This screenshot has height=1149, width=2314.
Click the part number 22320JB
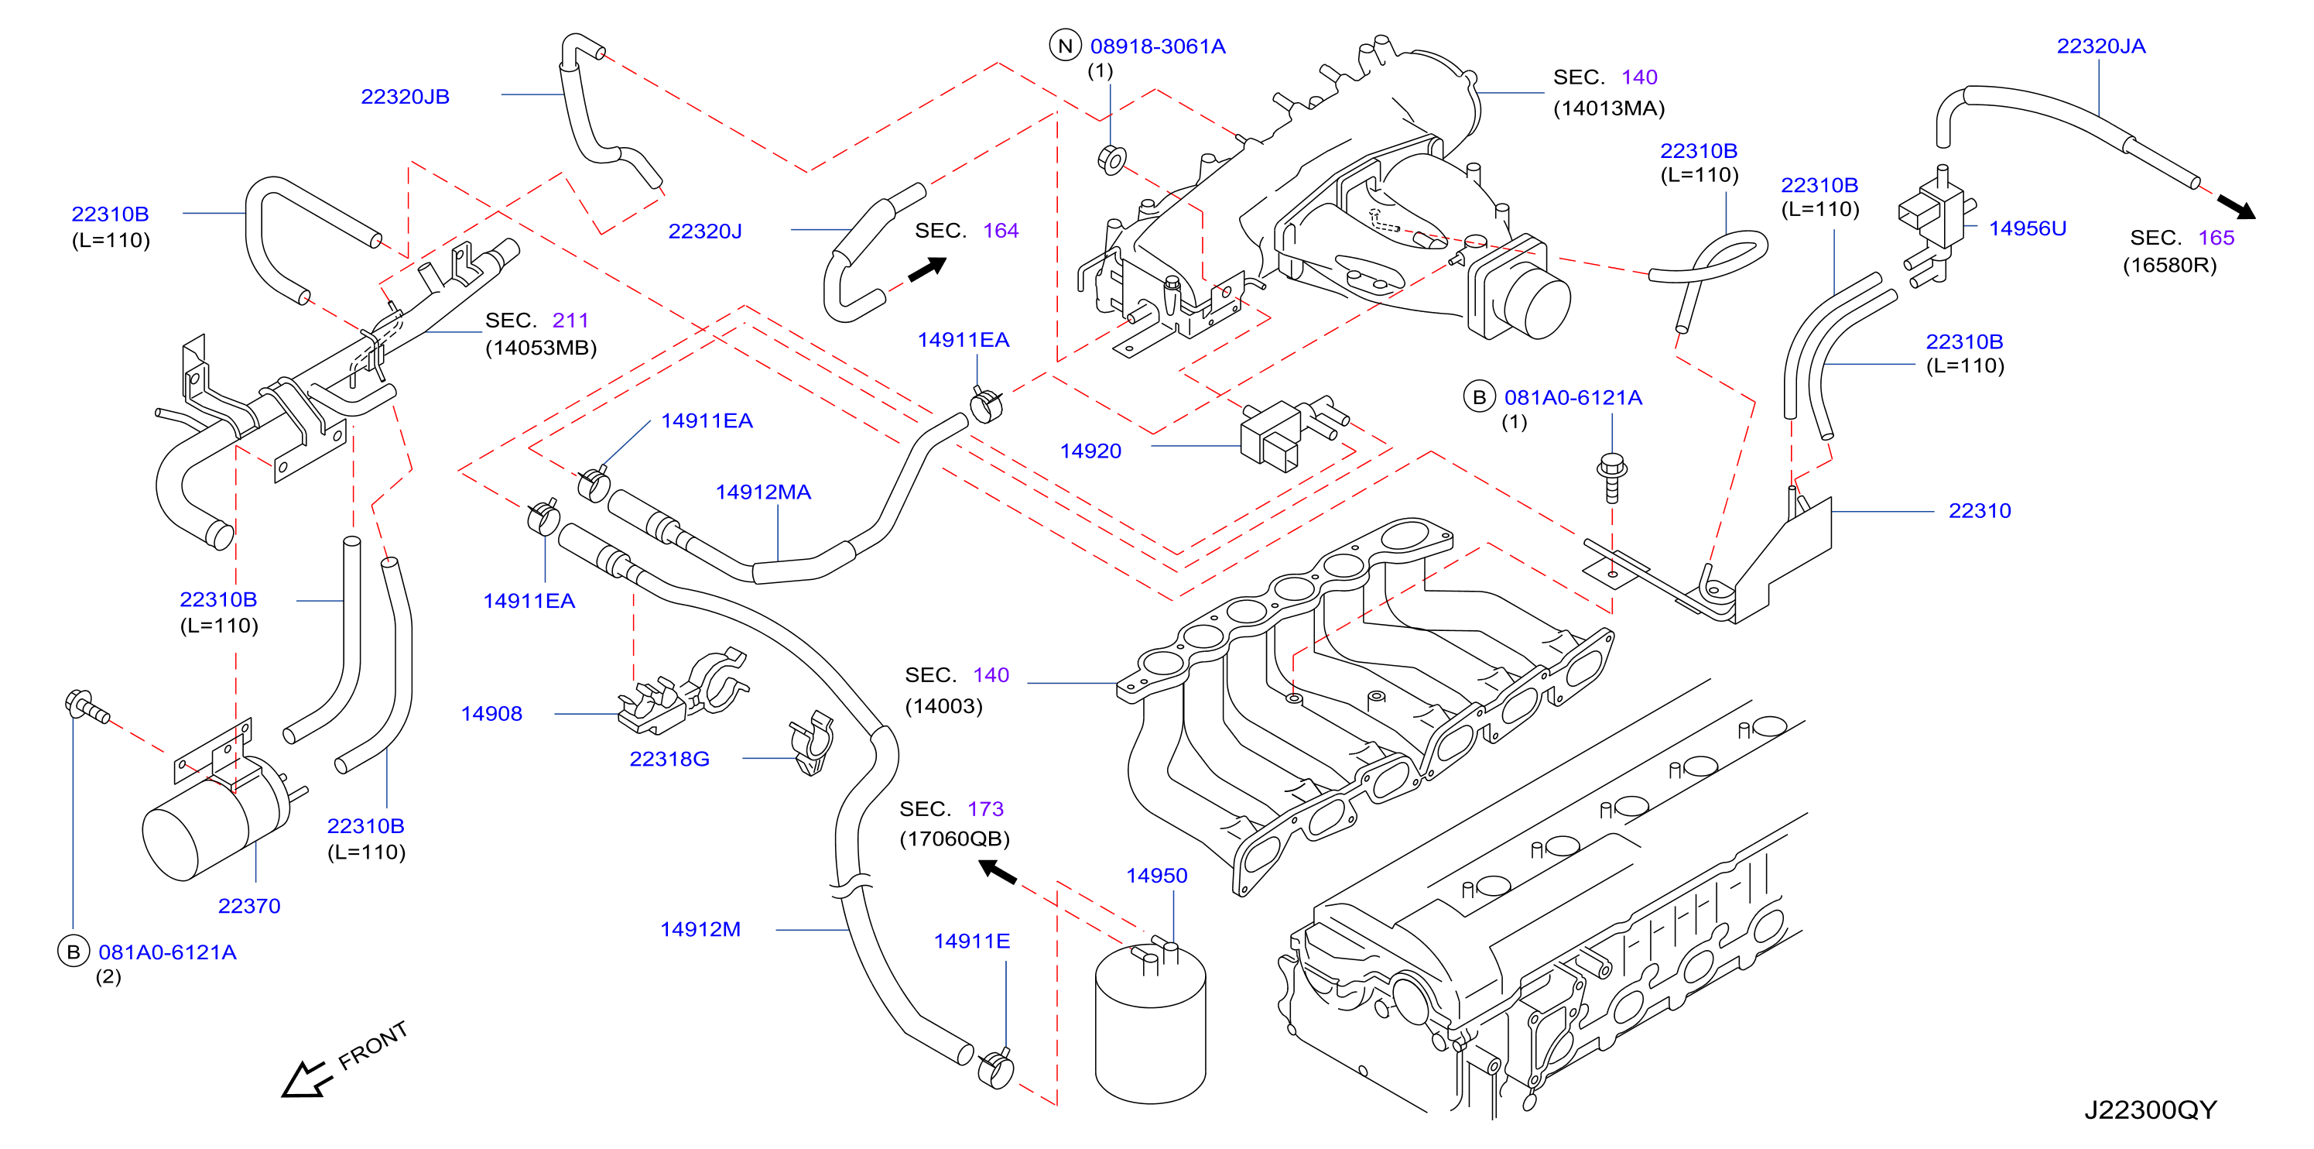[405, 97]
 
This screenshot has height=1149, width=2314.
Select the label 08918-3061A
[1157, 46]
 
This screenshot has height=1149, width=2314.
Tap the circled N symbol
[1066, 46]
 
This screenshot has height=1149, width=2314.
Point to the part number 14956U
[2028, 228]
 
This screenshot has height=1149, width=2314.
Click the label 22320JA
[2101, 46]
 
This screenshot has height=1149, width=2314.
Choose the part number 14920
[1090, 451]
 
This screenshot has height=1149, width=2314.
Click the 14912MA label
[762, 492]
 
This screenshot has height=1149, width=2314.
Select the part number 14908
[491, 714]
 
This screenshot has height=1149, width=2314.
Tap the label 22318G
[669, 759]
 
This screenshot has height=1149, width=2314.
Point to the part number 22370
[249, 907]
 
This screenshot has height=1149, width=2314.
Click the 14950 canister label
[1157, 876]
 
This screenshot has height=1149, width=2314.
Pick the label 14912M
[700, 930]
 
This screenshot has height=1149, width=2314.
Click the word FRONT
[373, 1047]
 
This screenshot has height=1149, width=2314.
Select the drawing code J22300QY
[2151, 1110]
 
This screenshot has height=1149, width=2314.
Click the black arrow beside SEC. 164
[928, 269]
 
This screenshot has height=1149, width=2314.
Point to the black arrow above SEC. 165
[2236, 207]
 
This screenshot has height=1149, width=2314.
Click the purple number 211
[570, 321]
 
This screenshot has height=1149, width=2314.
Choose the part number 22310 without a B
[1980, 511]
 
